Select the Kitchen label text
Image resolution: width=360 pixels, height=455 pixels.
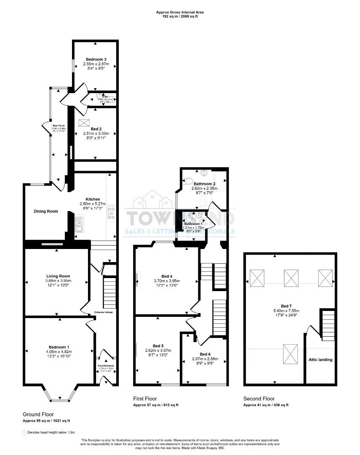tap(93, 199)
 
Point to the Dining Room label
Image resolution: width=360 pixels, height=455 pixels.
tap(46, 211)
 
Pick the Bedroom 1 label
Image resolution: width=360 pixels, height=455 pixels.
tap(59, 347)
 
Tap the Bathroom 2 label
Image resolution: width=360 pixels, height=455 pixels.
tap(204, 184)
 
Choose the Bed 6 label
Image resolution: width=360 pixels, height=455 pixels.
tap(205, 354)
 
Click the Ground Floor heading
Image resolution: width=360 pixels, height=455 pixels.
tap(38, 414)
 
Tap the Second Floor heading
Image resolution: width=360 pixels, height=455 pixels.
tap(259, 399)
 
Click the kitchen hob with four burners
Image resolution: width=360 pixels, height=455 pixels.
tap(112, 213)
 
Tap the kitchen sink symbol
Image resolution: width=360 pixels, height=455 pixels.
tap(79, 225)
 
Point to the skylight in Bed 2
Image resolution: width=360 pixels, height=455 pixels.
tap(84, 123)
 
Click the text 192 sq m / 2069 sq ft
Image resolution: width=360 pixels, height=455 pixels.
tap(180, 16)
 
